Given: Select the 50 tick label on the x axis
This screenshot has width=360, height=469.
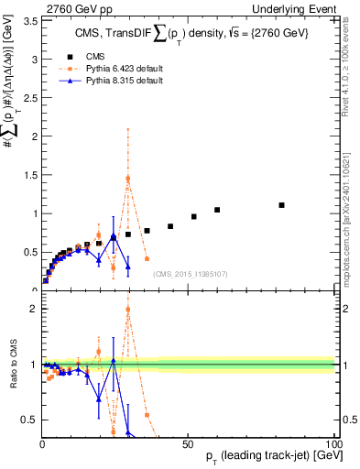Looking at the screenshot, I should tap(188, 442).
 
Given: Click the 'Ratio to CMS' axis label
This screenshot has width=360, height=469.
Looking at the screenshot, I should tap(12, 365).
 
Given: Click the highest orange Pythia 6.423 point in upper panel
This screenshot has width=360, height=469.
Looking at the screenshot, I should tap(128, 179).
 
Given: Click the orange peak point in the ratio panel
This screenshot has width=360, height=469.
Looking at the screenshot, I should tap(128, 309).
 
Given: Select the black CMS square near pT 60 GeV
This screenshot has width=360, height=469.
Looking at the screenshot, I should tap(217, 210).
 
